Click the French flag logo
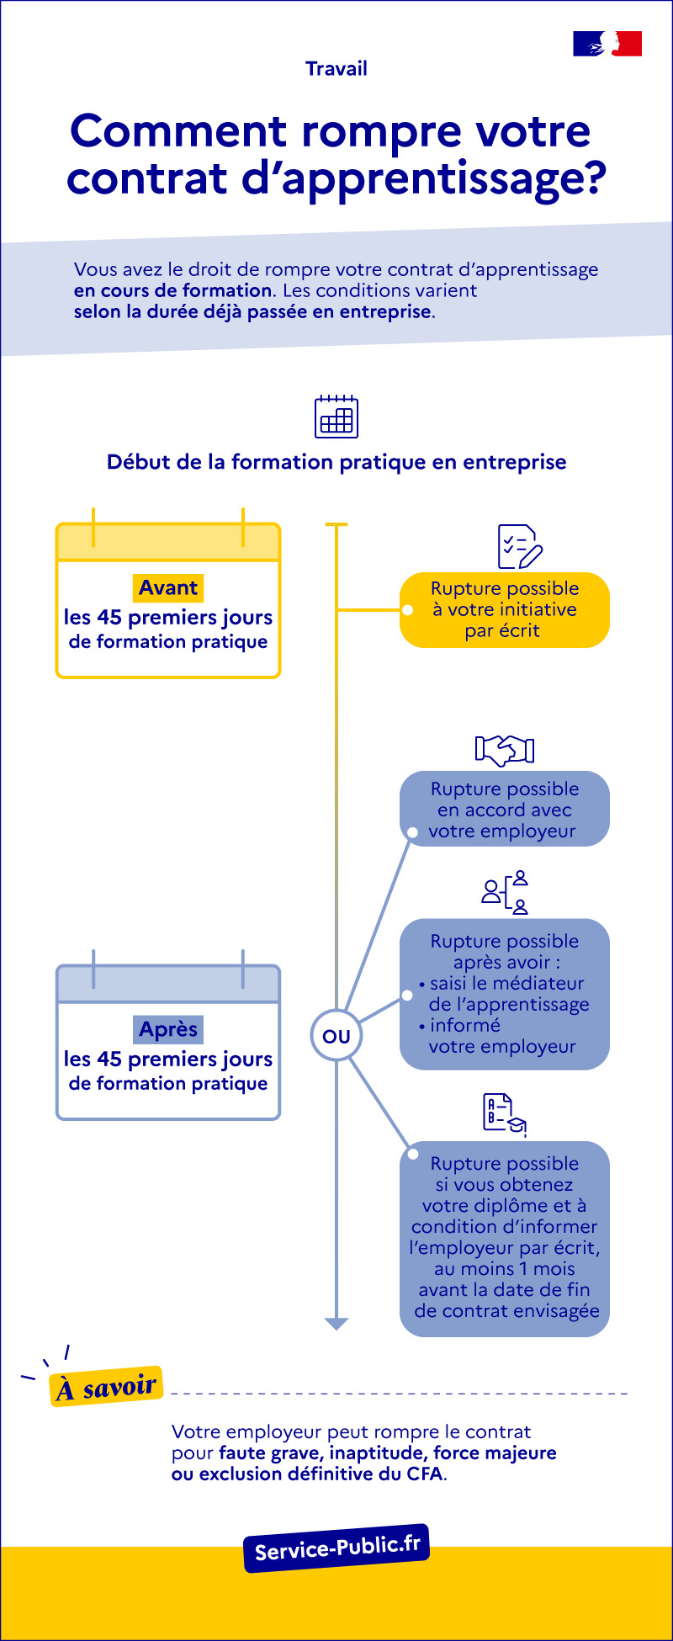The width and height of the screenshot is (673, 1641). click(x=607, y=44)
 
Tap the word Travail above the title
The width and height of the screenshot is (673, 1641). click(x=336, y=69)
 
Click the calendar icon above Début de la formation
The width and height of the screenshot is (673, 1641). click(x=336, y=417)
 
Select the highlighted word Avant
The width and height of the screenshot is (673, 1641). click(x=168, y=587)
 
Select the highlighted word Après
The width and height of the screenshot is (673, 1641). click(x=168, y=1029)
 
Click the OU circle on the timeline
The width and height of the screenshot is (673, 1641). click(x=336, y=1036)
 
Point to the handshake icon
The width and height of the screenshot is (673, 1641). click(x=505, y=750)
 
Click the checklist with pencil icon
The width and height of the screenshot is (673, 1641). click(x=519, y=547)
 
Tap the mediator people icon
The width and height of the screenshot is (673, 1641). click(x=505, y=893)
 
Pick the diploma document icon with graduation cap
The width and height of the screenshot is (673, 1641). click(x=505, y=1114)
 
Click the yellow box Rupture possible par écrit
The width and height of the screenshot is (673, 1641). click(x=505, y=610)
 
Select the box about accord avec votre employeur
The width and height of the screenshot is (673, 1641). click(x=505, y=810)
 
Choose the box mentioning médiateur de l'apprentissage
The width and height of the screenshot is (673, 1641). click(x=505, y=994)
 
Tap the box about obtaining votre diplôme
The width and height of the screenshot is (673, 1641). click(x=505, y=1238)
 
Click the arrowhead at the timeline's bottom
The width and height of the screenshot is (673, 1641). click(x=336, y=1324)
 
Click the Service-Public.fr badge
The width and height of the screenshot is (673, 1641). click(x=336, y=1548)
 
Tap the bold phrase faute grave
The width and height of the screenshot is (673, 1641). click(x=270, y=1453)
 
